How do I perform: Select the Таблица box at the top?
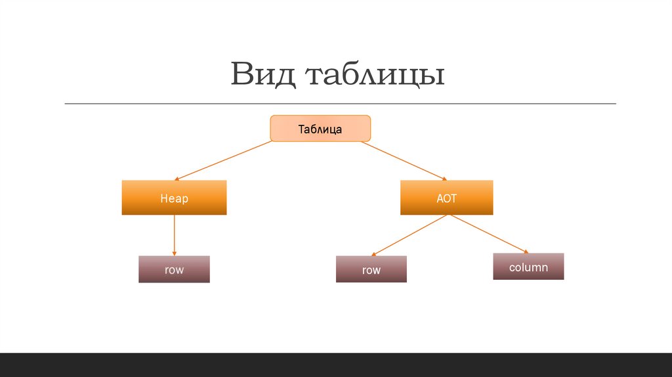(320, 128)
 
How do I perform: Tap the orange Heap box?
(174, 198)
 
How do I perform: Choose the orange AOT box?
(446, 198)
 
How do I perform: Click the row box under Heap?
(174, 269)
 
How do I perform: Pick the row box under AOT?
(371, 269)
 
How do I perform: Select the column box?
(528, 267)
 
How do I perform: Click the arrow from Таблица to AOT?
(403, 160)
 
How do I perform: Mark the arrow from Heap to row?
(174, 234)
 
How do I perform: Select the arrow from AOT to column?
(489, 234)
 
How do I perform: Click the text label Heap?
(174, 198)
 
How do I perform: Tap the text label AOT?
(446, 198)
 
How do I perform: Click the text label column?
(528, 267)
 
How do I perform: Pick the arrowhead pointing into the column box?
(525, 251)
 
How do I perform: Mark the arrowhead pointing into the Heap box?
(178, 178)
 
